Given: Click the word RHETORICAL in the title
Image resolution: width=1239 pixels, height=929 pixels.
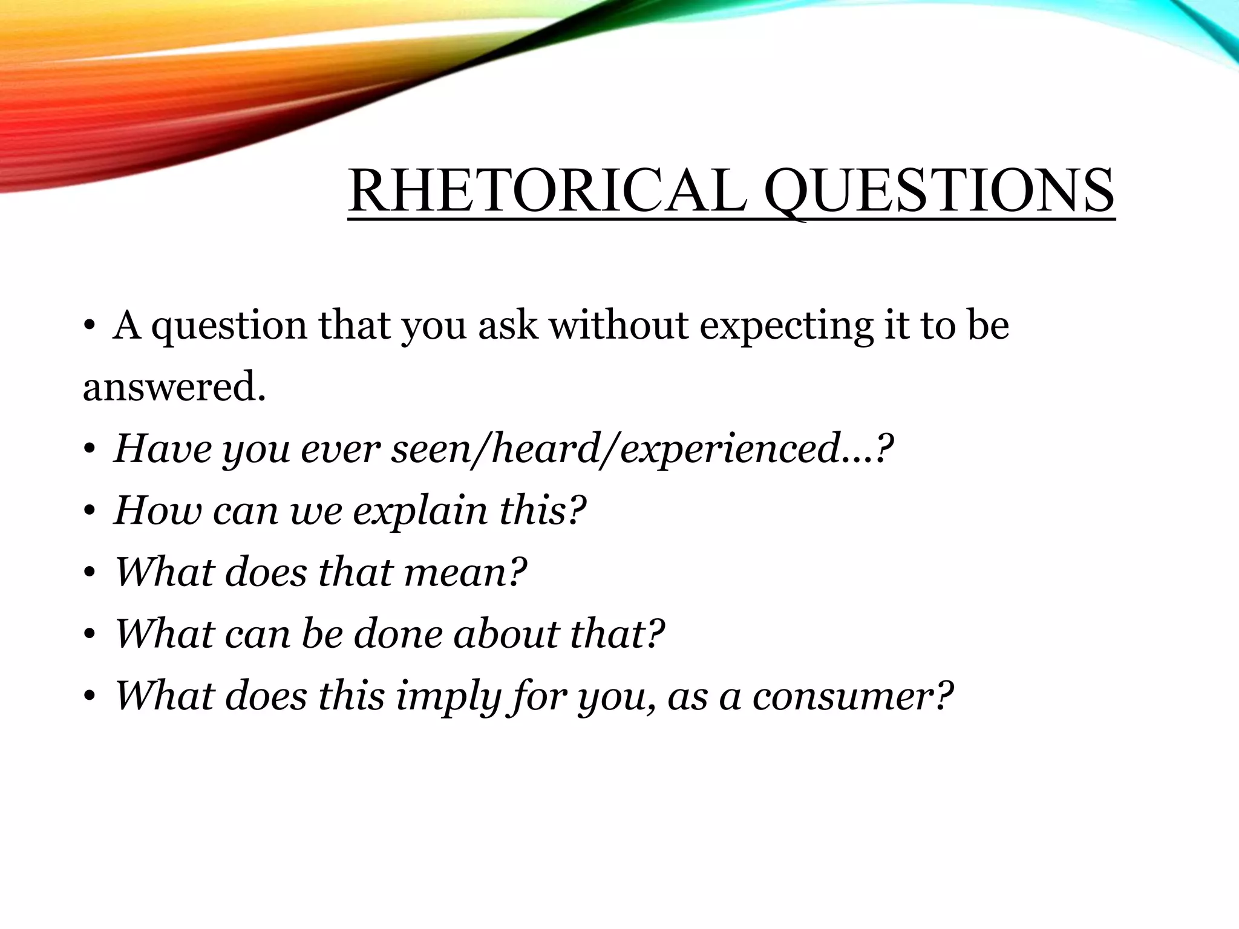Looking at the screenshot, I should pos(548,191).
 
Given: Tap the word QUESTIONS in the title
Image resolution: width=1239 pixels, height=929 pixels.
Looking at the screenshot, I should pos(939,191).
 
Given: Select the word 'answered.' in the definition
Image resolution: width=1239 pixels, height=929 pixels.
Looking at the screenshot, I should pos(174,387).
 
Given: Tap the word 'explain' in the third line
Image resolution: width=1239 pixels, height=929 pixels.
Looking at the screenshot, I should pos(420,511).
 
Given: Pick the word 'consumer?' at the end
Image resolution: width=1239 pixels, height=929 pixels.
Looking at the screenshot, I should pos(852,696).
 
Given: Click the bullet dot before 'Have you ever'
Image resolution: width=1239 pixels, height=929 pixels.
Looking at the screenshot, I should pos(90,450).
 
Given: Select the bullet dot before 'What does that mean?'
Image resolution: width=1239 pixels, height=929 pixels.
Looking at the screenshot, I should pos(90,573).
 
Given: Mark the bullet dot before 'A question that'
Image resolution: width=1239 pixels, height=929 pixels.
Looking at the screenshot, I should pos(90,327).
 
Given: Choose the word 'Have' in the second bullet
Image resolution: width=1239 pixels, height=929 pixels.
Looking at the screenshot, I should pos(162,449).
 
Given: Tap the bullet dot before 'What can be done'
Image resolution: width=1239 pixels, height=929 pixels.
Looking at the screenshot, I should pos(90,635).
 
